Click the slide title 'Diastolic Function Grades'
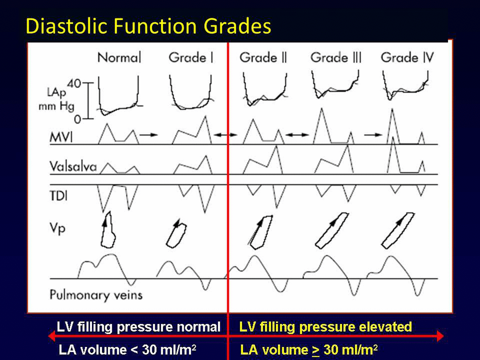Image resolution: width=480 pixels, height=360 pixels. [x=148, y=26]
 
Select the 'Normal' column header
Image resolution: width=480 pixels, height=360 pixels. [x=119, y=58]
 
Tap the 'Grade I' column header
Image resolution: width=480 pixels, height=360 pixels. [x=191, y=58]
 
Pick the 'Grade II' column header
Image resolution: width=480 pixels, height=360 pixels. [x=263, y=58]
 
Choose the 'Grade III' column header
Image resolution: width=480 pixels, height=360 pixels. [x=336, y=58]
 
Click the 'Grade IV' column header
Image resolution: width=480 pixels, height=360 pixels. [x=407, y=58]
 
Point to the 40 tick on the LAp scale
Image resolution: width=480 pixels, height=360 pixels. [x=88, y=83]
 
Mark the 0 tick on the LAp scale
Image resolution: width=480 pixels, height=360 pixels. [x=88, y=119]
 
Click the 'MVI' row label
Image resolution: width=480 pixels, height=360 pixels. [x=61, y=137]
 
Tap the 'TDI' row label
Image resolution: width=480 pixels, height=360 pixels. [x=59, y=196]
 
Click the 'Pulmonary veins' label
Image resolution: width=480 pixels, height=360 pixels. [x=96, y=295]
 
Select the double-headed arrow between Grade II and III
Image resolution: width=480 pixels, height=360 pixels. [x=297, y=135]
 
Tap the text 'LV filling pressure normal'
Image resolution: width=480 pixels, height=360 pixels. [x=138, y=327]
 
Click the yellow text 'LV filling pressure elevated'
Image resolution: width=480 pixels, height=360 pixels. [x=326, y=327]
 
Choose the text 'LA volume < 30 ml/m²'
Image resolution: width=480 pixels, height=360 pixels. [x=127, y=350]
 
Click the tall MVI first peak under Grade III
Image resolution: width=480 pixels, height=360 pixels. [x=321, y=109]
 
